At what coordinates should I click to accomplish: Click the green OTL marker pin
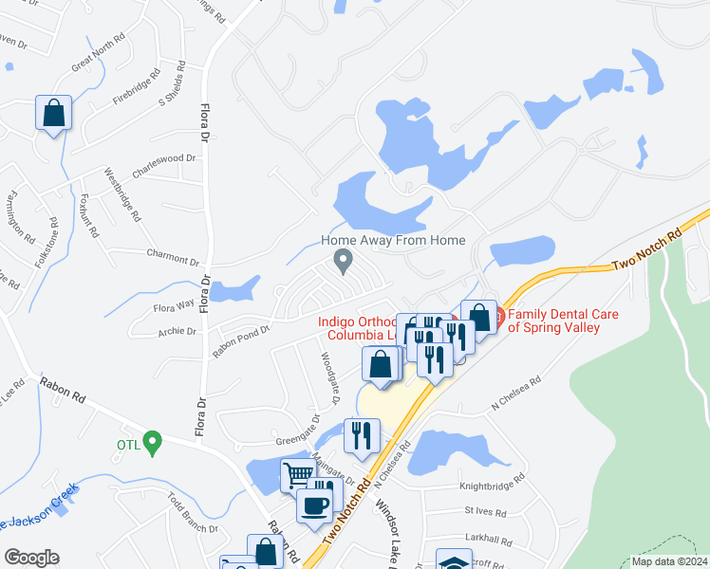pyautogui.click(x=152, y=441)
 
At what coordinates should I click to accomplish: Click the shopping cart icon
pyautogui.click(x=297, y=474)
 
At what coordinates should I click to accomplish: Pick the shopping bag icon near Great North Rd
pyautogui.click(x=54, y=112)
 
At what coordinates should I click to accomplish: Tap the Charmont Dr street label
pyautogui.click(x=173, y=257)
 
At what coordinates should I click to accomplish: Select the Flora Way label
pyautogui.click(x=174, y=305)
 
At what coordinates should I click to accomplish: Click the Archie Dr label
pyautogui.click(x=177, y=332)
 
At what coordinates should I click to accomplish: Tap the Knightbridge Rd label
pyautogui.click(x=491, y=484)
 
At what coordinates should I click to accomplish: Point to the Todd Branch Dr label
pyautogui.click(x=193, y=513)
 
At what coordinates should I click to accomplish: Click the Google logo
pyautogui.click(x=31, y=558)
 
